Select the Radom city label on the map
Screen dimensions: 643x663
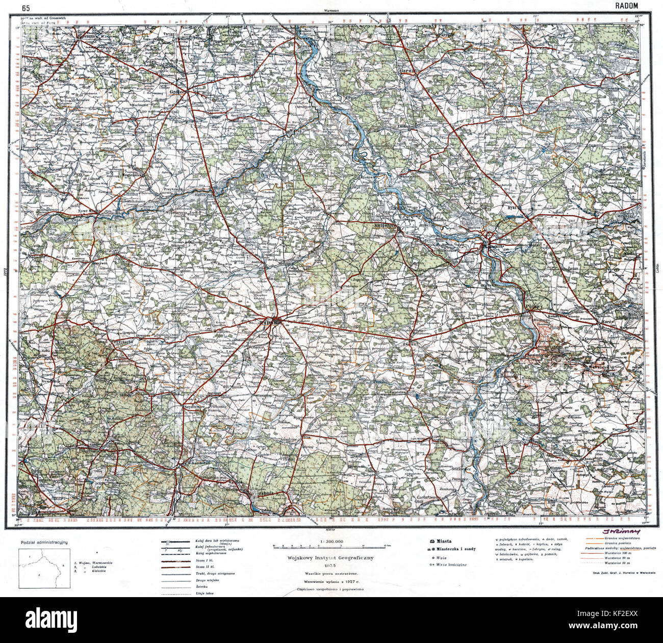(x=268, y=322)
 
